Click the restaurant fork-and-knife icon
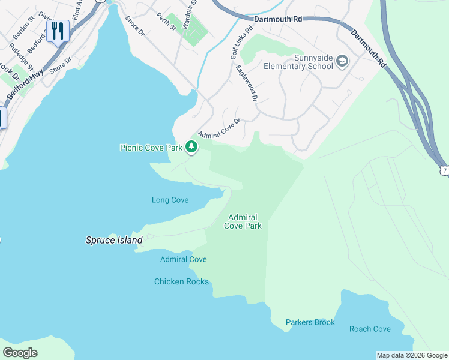pos(58,30)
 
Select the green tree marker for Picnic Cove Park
pos(191,146)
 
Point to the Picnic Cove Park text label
pos(151,147)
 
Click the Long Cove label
pos(170,200)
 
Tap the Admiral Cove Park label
pos(243,221)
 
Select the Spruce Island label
pos(113,240)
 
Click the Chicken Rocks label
pos(181,281)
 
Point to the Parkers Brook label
pos(310,322)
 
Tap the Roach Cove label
pos(370,329)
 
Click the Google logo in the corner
pos(20,353)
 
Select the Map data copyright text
pos(411,355)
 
